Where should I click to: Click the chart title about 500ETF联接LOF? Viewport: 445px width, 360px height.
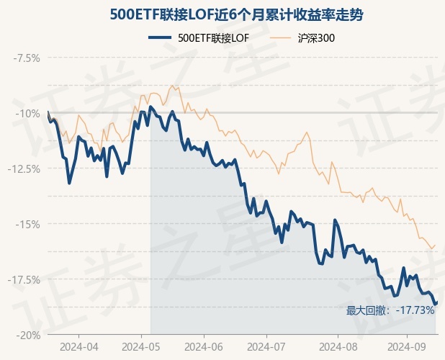pyautogui.click(x=223, y=14)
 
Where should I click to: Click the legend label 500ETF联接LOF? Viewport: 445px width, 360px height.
pyautogui.click(x=213, y=38)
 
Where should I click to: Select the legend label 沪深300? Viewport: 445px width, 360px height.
pyautogui.click(x=317, y=38)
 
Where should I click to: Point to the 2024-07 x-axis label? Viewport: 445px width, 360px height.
pyautogui.click(x=266, y=346)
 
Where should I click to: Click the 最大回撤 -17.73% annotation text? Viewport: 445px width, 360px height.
pyautogui.click(x=390, y=310)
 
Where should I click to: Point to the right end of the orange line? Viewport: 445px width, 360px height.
pyautogui.click(x=435, y=245)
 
